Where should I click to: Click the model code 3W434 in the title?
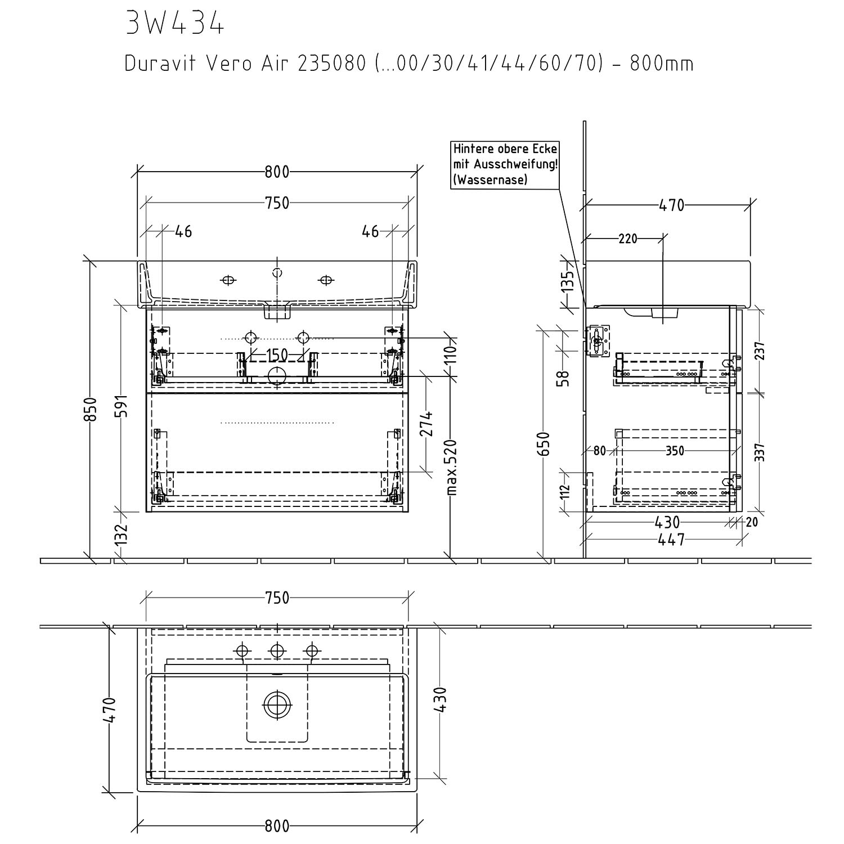pyautogui.click(x=175, y=23)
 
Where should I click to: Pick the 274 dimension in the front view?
pyautogui.click(x=427, y=424)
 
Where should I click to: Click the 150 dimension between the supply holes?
pyautogui.click(x=277, y=356)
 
